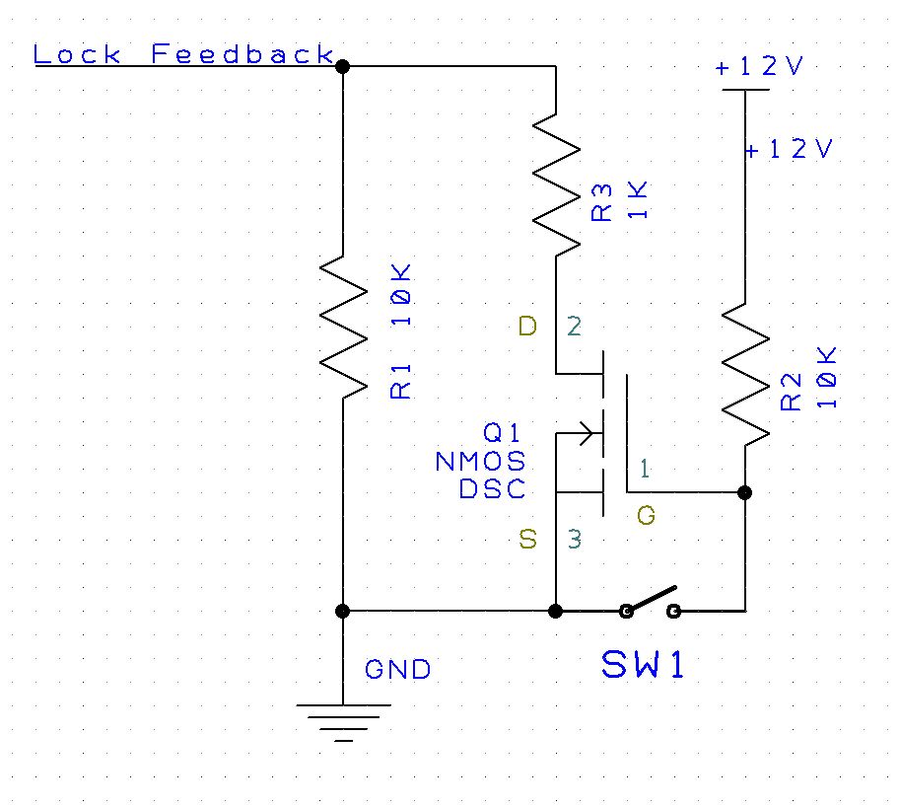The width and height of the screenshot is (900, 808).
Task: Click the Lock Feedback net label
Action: [x=183, y=54]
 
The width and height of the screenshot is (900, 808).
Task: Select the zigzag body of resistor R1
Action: [x=343, y=327]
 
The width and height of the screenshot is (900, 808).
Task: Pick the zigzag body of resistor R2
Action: [x=745, y=373]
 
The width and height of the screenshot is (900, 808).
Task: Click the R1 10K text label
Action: [x=402, y=331]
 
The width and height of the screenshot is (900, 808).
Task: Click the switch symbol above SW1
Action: [x=651, y=604]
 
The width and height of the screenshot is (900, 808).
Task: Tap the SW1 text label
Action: [x=643, y=666]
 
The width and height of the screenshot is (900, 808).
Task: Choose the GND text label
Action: [x=397, y=670]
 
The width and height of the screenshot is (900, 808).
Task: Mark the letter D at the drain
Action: [x=527, y=326]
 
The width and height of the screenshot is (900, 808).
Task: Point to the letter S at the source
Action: [x=528, y=539]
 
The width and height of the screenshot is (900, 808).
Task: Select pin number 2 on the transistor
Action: [x=575, y=326]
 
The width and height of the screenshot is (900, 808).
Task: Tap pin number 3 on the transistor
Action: [x=575, y=539]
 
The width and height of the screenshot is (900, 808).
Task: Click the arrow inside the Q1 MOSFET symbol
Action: [x=586, y=432]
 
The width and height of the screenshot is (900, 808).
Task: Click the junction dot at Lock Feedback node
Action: [x=343, y=66]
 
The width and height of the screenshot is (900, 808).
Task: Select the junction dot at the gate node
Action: [x=745, y=492]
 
